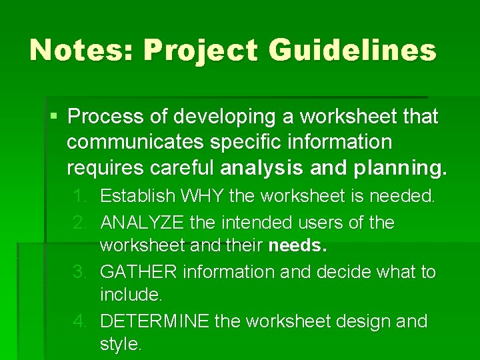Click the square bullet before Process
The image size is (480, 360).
[x=54, y=117]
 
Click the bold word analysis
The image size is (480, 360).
[x=262, y=168]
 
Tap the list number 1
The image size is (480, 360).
[x=81, y=197]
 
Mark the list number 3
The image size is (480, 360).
[x=81, y=272]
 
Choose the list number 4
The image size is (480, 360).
[x=81, y=321]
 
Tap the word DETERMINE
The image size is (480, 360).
[x=155, y=321]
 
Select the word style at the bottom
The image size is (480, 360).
[x=120, y=345]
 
